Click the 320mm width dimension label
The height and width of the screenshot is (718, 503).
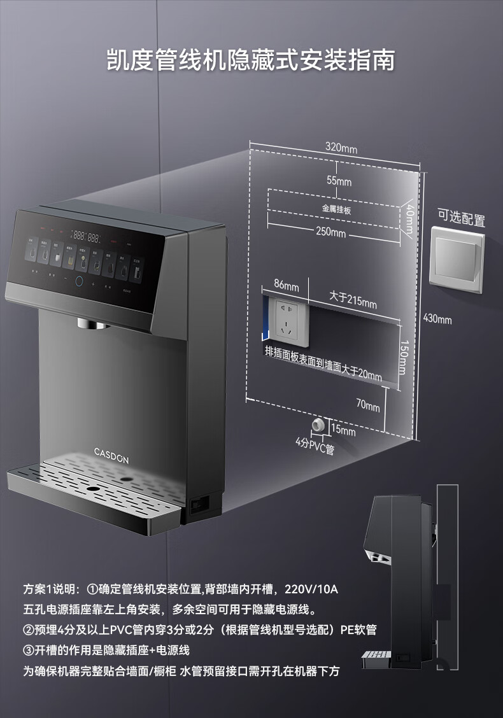[x=341, y=148]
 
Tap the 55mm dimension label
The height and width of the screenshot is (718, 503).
[x=339, y=181]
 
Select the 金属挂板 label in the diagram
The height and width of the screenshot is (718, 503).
[x=337, y=209]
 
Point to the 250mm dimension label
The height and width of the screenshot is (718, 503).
[x=331, y=232]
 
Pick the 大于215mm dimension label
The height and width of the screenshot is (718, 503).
[x=352, y=299]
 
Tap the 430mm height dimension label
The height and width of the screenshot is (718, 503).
[x=437, y=319]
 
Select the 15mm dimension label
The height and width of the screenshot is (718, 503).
[x=343, y=431]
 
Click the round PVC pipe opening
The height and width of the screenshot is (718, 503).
[x=316, y=425]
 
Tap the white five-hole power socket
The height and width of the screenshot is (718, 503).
[x=287, y=318]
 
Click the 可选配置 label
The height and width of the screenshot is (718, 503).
[x=461, y=220]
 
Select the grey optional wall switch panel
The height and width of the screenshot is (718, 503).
[x=457, y=260]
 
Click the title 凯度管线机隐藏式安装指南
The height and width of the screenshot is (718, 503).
[x=251, y=60]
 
